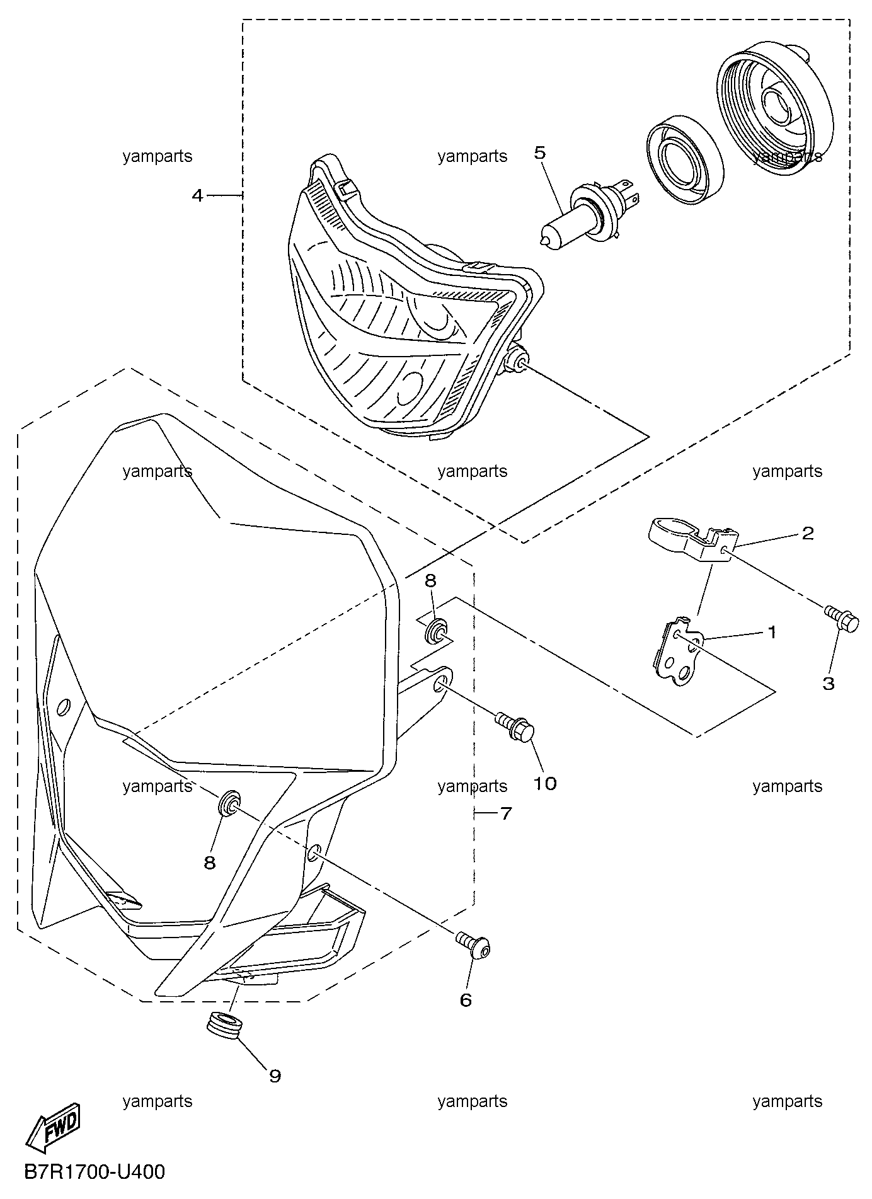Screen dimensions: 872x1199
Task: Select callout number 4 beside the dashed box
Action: (x=198, y=196)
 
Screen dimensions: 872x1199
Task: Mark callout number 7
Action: (x=505, y=813)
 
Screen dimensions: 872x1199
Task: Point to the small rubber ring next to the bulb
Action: (x=686, y=160)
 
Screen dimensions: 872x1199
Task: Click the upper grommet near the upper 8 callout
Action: (x=436, y=630)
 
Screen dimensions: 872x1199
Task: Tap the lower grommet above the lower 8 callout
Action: (x=229, y=801)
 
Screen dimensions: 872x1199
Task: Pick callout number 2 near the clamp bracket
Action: (x=807, y=534)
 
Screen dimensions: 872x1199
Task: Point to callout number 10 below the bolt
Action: (x=546, y=783)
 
